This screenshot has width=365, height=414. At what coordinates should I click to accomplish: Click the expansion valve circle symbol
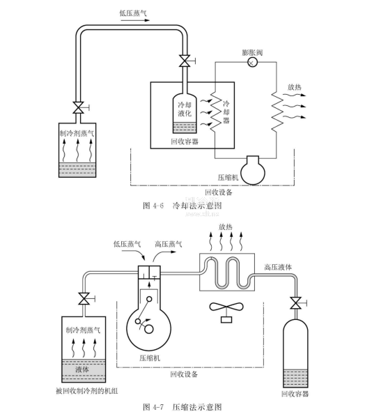[252, 63]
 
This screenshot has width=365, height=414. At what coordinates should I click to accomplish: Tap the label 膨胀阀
[252, 52]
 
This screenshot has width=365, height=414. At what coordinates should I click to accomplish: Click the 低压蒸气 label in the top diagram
[133, 13]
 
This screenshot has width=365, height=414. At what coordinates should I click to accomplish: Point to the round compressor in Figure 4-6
[253, 171]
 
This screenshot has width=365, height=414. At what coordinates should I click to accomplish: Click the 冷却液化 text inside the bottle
[185, 109]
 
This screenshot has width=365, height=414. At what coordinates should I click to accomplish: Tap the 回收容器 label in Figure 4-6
[185, 141]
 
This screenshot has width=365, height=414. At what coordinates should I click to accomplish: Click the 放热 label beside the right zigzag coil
[294, 87]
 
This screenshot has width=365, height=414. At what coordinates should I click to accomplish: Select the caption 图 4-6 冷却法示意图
[182, 206]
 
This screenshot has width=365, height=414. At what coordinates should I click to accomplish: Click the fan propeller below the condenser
[226, 307]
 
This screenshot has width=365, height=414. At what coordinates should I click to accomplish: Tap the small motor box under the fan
[226, 320]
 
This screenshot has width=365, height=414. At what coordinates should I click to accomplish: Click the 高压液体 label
[278, 268]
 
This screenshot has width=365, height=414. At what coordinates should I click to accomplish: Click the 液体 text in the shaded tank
[82, 369]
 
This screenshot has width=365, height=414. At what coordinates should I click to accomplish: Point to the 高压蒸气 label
[168, 244]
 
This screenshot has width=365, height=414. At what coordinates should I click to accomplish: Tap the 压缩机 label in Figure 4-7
[150, 358]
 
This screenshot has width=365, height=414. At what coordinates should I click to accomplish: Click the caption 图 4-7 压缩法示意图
[182, 407]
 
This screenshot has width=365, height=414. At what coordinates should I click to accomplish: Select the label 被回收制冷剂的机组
[87, 391]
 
